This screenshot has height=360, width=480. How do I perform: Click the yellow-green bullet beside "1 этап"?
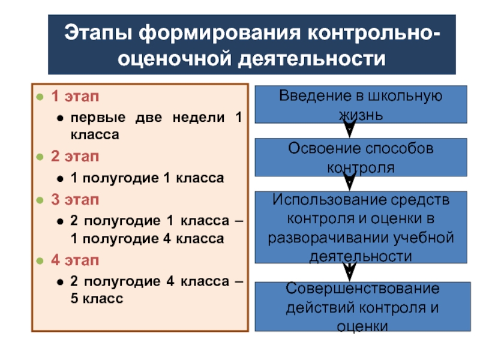[x=40, y=97]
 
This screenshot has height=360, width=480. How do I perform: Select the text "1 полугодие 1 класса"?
[x=147, y=179]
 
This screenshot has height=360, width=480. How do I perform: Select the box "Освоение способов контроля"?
[x=361, y=157]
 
